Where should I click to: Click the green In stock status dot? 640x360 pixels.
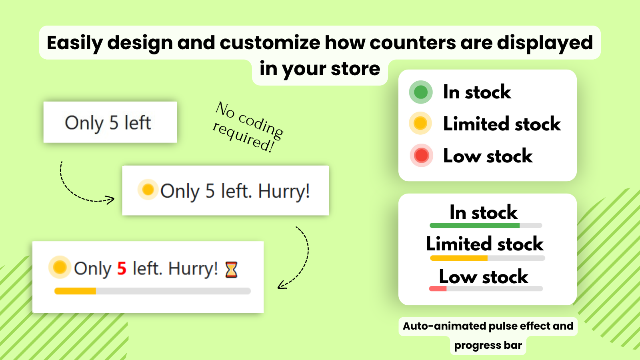(x=421, y=92)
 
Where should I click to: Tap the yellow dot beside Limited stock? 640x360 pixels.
(x=420, y=123)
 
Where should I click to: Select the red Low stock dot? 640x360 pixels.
(x=422, y=155)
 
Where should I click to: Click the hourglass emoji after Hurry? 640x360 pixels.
(x=231, y=270)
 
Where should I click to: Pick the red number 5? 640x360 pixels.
(x=122, y=268)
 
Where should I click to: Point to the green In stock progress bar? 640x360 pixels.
(x=474, y=226)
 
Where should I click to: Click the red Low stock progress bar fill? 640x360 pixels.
(x=438, y=288)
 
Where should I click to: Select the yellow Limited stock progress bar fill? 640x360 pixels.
(x=458, y=258)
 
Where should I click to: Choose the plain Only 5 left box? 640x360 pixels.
(x=110, y=122)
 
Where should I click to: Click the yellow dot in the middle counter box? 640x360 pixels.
(x=148, y=189)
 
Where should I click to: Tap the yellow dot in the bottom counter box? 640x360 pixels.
(x=60, y=267)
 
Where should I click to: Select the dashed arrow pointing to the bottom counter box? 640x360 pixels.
(x=298, y=260)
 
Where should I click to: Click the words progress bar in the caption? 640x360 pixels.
(x=488, y=345)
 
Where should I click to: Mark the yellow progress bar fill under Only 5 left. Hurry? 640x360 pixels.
(x=75, y=291)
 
